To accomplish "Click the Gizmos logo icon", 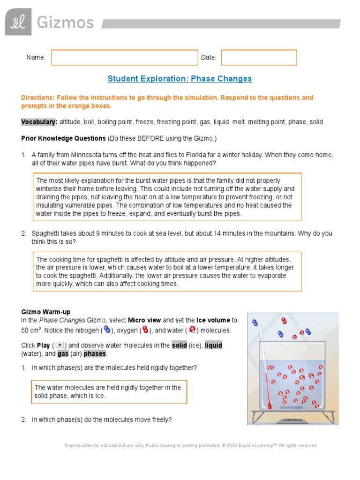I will (x=18, y=22).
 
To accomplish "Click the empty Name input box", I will (x=124, y=57).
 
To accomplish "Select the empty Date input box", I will (x=259, y=57).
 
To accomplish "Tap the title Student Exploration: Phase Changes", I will (x=180, y=79).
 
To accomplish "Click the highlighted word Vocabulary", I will (x=39, y=122).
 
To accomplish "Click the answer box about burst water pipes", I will (x=167, y=197).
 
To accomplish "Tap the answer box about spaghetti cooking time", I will (x=167, y=271).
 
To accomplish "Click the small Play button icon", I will (x=60, y=345).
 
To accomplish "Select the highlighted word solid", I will (x=179, y=345).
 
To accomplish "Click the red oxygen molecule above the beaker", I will (x=284, y=321).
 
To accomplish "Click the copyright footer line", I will (x=190, y=445).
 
